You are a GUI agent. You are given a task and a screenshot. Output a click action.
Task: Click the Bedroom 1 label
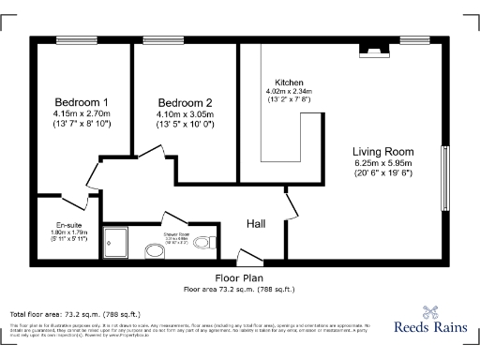coord(82,102)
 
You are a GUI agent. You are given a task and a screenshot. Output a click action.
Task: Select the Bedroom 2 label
coord(185,102)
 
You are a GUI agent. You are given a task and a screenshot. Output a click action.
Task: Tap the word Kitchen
coord(288,81)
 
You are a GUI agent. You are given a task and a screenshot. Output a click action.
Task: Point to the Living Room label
coord(382,152)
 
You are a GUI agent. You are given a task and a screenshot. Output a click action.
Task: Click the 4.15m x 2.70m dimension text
coord(82,113)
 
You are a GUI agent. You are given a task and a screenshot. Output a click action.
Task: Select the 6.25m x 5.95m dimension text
coord(382,163)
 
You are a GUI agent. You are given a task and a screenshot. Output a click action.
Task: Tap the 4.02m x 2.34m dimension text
coord(288,91)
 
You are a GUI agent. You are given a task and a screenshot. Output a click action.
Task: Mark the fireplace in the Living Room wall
coord(373,51)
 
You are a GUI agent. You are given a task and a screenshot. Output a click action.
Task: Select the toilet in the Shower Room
coord(156,250)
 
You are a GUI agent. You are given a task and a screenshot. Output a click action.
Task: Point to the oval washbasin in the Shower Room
coord(203,243)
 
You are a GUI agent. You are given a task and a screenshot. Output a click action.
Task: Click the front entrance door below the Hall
coord(249,257)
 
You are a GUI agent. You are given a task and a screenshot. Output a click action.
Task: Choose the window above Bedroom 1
coord(72,39)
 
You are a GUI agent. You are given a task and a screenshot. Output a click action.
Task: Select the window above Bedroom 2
coord(157,39)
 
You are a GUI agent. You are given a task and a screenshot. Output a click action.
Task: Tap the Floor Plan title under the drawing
coord(239,278)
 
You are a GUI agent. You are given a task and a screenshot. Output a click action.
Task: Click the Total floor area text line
coord(75,314)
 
